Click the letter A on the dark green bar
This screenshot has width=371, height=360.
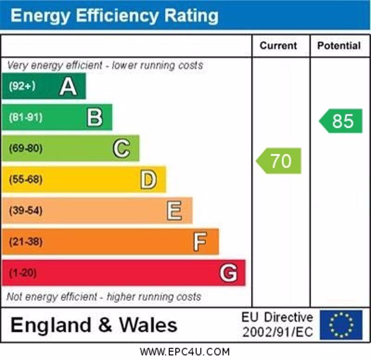(x=68, y=86)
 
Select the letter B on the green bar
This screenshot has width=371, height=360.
(x=95, y=117)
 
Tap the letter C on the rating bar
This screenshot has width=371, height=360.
(x=122, y=148)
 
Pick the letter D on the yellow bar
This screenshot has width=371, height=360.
(x=148, y=180)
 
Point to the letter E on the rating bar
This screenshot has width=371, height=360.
(x=174, y=211)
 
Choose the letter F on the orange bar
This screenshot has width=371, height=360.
(x=200, y=242)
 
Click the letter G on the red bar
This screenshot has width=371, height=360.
(x=228, y=273)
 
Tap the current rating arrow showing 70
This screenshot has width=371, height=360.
(x=279, y=161)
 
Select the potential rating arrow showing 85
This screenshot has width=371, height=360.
(x=341, y=121)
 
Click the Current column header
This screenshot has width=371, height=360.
(x=278, y=45)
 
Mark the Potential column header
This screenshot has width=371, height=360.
(x=339, y=45)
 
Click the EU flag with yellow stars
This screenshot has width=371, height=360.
(x=341, y=325)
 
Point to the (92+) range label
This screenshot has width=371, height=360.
(x=22, y=86)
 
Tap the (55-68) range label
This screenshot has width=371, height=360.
(x=26, y=180)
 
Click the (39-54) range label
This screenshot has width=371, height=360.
(x=26, y=211)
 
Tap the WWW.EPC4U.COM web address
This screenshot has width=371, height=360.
(x=185, y=352)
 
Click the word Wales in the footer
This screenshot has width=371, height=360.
(x=148, y=325)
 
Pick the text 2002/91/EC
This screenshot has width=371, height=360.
(x=277, y=332)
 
